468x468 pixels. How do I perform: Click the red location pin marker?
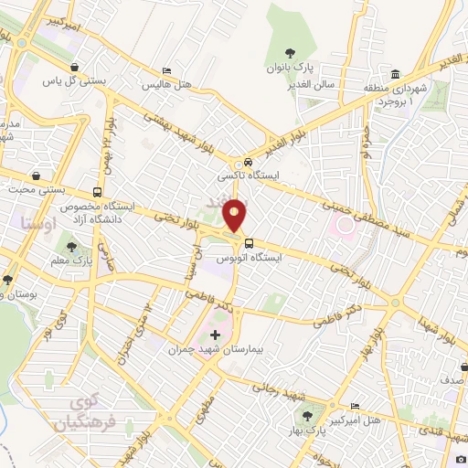click(236, 213)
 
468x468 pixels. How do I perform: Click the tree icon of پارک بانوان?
click(290, 52)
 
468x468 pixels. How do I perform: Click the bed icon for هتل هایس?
click(165, 70)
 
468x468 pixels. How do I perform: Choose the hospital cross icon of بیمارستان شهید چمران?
click(215, 335)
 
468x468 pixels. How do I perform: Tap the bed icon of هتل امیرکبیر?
click(356, 406)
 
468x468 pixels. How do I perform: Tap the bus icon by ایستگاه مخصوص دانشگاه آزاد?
click(97, 192)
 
